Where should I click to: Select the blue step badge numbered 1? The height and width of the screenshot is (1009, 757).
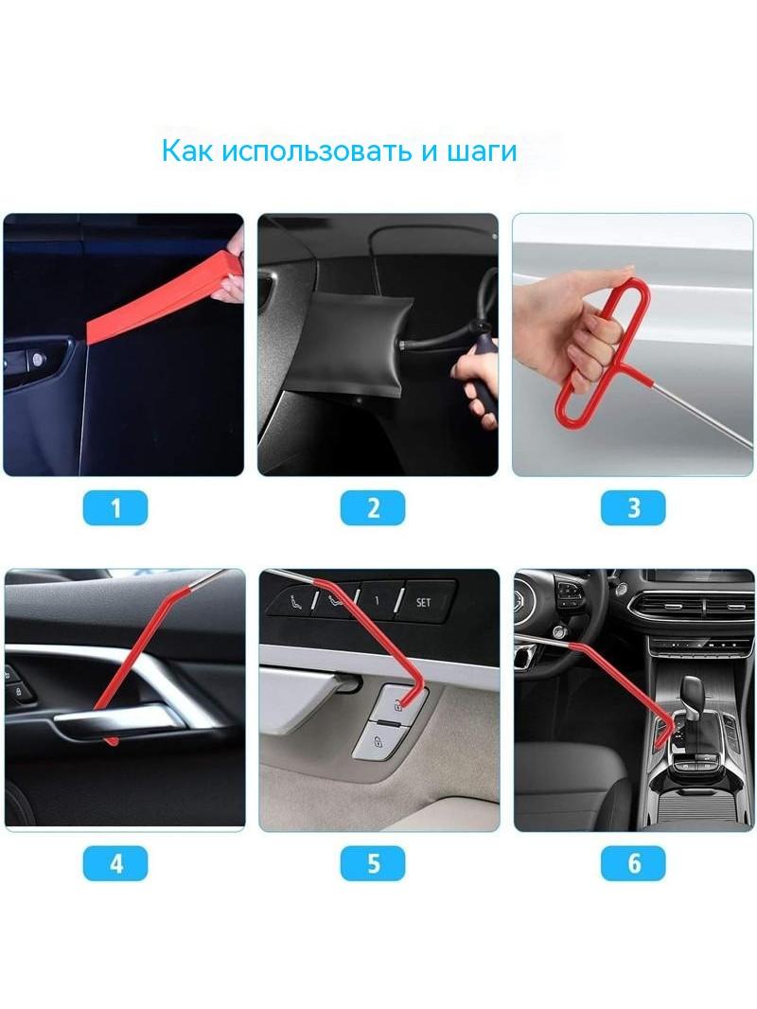click(x=115, y=507)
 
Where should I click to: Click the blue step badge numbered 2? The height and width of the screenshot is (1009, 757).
click(x=373, y=507)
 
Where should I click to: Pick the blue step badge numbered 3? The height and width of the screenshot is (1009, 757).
click(x=633, y=507)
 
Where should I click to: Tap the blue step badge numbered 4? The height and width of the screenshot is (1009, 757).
click(x=115, y=863)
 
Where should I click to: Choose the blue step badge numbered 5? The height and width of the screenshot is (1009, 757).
click(x=373, y=863)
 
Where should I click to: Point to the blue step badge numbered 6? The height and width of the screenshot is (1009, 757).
click(x=633, y=863)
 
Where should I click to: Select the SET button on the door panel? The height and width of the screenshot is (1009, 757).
click(x=425, y=601)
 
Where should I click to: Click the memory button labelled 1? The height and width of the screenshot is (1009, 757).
click(x=378, y=600)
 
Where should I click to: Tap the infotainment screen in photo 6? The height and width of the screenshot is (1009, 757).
click(x=704, y=581)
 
